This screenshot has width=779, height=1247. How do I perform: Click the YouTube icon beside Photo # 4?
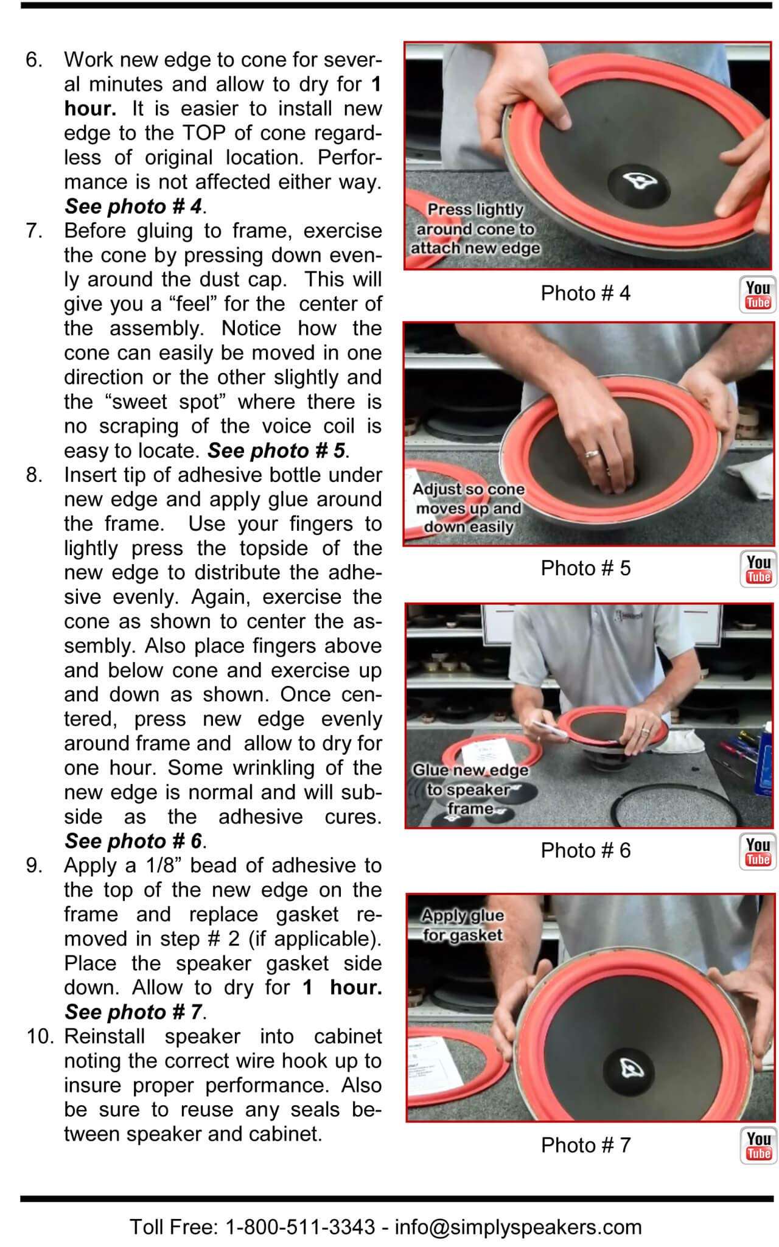point(758,295)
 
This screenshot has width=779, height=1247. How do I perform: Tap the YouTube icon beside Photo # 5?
point(758,570)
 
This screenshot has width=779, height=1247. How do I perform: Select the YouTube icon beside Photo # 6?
point(758,851)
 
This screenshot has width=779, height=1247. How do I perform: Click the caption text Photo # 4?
point(585,293)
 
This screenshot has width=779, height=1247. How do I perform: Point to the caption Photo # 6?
point(585,850)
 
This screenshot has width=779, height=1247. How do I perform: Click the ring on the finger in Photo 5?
point(592,453)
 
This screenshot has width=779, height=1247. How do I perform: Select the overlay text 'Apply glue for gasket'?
point(463,925)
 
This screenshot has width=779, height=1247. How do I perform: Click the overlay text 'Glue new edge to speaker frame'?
point(470,789)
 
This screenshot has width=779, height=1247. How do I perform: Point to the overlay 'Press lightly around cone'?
point(475,229)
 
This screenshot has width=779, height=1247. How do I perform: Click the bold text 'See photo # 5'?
point(277,451)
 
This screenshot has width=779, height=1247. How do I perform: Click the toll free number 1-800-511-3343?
point(300,1226)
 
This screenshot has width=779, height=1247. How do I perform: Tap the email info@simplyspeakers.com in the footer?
point(518,1226)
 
